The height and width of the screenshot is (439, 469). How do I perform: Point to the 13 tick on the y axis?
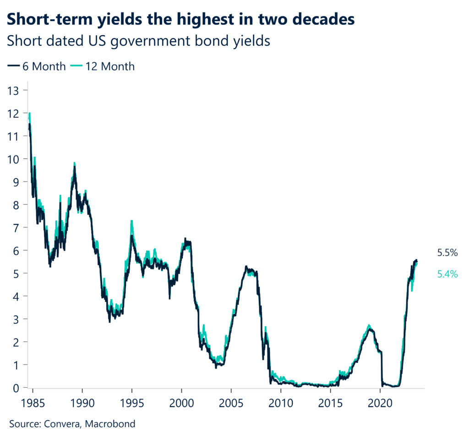point(14,90)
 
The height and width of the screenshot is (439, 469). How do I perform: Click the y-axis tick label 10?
point(14,159)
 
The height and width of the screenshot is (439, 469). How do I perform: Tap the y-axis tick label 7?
point(17,228)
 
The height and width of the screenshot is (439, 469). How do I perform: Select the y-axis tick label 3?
point(17,319)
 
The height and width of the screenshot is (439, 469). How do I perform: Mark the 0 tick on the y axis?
point(17,388)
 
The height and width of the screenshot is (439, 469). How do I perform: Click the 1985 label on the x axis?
point(33,402)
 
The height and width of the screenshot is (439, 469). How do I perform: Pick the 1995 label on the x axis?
point(132,402)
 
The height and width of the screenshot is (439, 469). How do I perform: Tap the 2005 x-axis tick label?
point(231,402)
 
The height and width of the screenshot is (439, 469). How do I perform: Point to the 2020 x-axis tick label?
point(380,402)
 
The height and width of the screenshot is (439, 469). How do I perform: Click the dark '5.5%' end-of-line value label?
point(447,252)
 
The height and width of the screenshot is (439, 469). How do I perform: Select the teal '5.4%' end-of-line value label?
point(447,274)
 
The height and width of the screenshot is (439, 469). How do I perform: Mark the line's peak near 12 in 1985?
point(30,114)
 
